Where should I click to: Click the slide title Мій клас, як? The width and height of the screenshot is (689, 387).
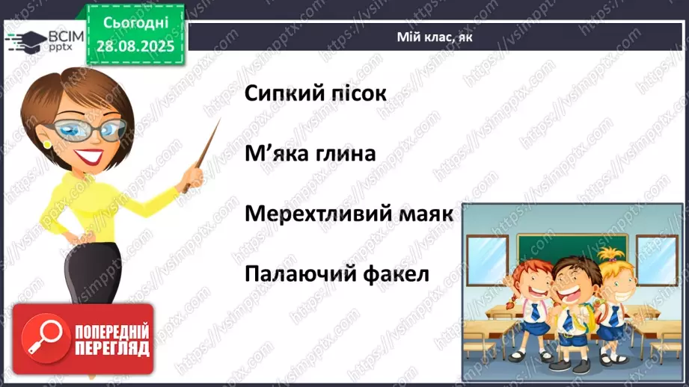tap(435, 37)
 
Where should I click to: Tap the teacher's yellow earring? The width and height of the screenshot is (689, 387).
tap(46, 143)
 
